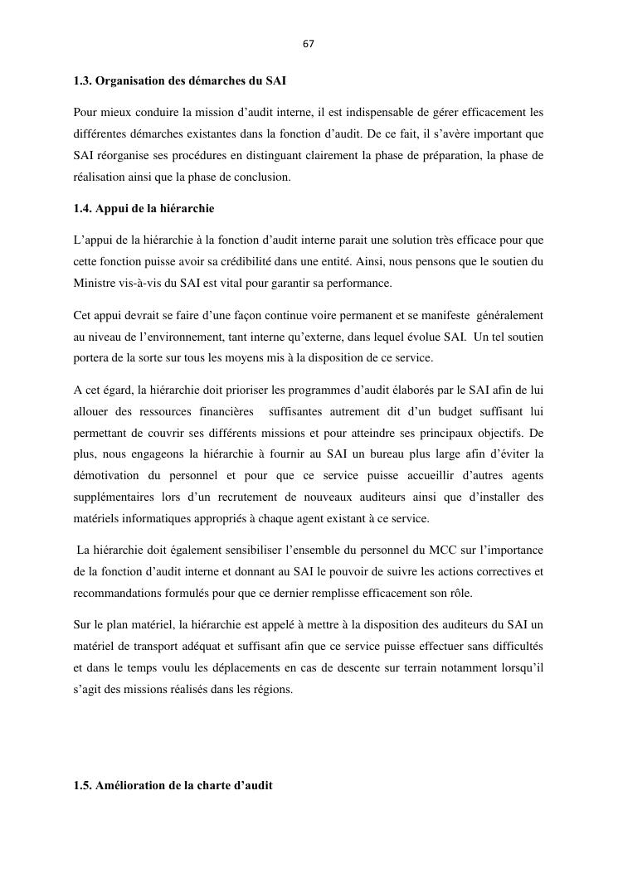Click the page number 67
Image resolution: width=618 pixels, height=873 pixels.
click(308, 43)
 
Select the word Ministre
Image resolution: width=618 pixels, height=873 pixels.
click(95, 284)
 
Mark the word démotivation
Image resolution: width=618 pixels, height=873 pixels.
click(108, 476)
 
